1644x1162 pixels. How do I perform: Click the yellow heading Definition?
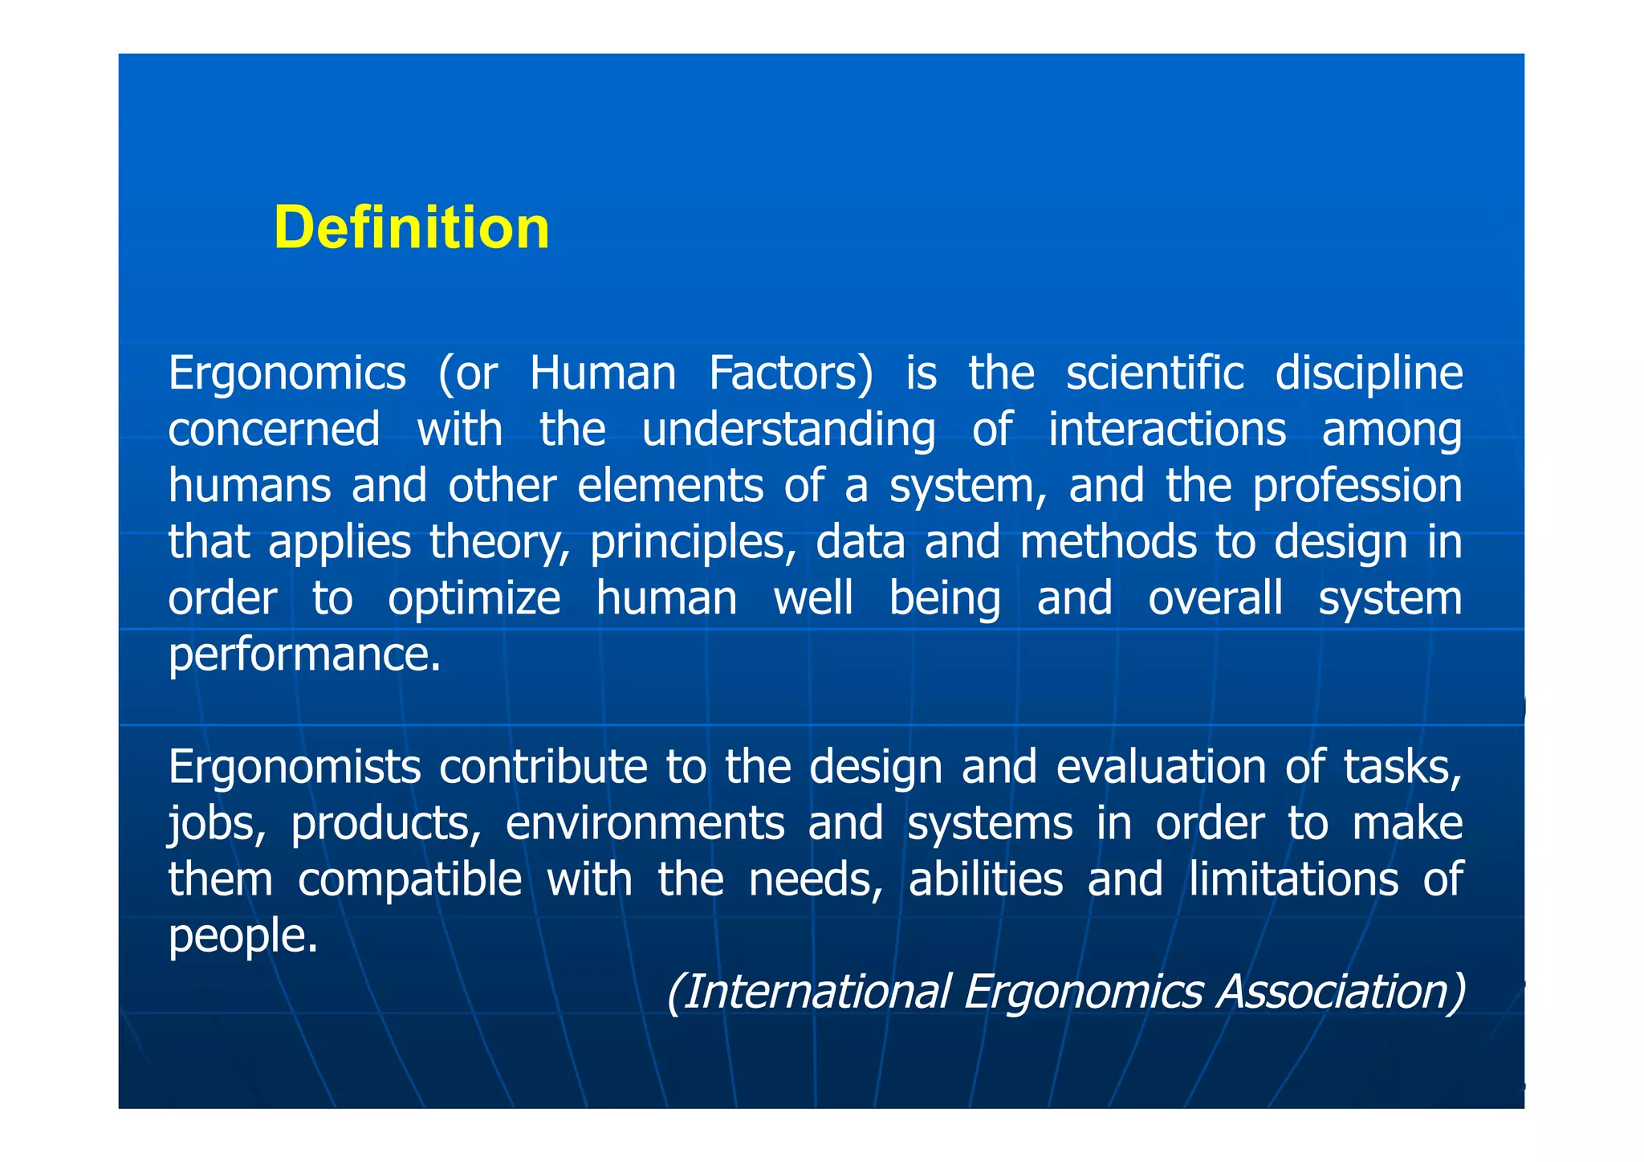411,228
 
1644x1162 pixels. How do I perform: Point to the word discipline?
1369,375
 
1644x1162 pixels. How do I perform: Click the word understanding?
788,430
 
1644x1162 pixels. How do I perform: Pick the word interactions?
1167,430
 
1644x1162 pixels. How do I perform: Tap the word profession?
1357,487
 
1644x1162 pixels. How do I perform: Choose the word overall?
1215,599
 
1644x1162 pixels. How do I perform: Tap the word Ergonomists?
294,769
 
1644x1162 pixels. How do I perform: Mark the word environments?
645,825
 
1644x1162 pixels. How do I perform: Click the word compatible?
409,881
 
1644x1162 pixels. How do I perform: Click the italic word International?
808,993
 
